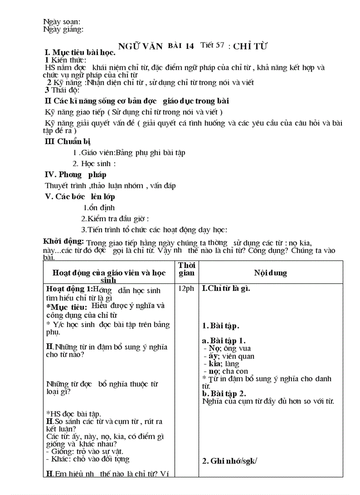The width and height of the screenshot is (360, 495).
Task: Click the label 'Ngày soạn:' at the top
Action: click(x=61, y=22)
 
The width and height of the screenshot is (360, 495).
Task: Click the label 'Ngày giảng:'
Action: click(x=64, y=30)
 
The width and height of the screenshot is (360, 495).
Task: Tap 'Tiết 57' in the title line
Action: click(x=212, y=45)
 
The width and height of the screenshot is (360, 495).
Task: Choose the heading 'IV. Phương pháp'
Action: click(x=75, y=175)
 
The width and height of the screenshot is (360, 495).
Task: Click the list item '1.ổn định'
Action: click(x=99, y=208)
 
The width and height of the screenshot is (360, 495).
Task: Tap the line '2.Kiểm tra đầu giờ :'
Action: click(x=115, y=219)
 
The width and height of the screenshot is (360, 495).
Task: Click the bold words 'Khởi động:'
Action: click(x=63, y=241)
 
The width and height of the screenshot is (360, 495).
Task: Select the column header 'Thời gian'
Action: click(x=186, y=269)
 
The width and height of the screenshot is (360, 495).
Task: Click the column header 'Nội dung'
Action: click(x=270, y=273)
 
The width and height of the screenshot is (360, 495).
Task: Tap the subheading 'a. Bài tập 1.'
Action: click(x=224, y=341)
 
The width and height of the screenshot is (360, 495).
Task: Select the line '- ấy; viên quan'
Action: click(x=229, y=356)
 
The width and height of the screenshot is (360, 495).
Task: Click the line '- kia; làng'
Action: click(x=221, y=364)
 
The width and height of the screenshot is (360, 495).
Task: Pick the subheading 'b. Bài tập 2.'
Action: click(x=224, y=394)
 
